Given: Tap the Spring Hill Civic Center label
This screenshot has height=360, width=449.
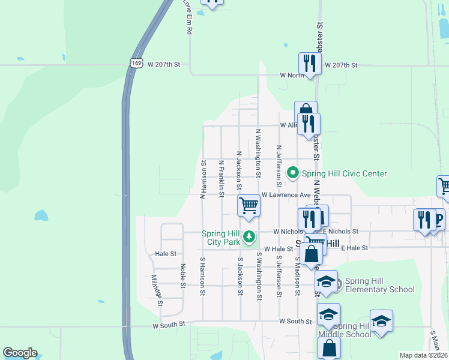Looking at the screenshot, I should tap(344, 173).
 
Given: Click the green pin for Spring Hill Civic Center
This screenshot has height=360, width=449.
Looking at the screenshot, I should tap(293, 173).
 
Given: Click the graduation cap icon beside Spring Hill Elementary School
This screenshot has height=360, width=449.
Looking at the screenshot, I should tap(326, 281).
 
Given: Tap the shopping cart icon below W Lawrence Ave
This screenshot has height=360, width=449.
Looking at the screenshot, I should tap(249, 206).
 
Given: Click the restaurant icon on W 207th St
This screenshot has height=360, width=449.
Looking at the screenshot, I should tap(309, 63).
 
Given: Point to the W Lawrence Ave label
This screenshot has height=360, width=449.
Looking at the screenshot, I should tap(286, 195).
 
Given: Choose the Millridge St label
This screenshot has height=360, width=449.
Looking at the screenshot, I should tap(157, 290).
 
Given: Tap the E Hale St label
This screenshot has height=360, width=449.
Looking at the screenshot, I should tap(354, 247).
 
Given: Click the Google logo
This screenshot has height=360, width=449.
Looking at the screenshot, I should tap(20, 353).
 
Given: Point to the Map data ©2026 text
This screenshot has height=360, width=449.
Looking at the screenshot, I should tap(424, 355).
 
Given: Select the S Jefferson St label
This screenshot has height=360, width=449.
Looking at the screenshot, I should tap(279, 277).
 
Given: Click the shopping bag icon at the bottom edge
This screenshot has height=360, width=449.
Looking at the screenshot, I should tap(328, 348).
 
